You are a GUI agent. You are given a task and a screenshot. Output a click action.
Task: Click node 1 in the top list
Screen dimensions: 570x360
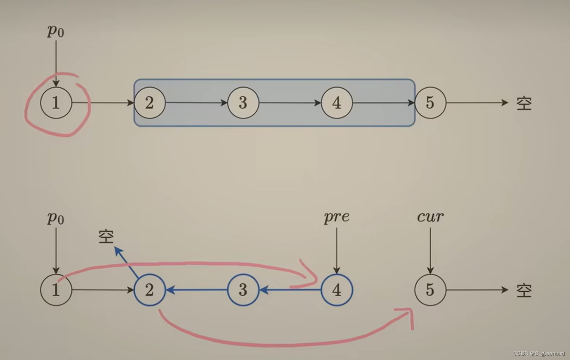[56, 103]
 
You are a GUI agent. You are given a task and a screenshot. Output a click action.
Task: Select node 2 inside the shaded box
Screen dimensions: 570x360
[150, 103]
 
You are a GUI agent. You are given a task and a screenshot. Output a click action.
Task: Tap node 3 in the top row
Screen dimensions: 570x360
[243, 103]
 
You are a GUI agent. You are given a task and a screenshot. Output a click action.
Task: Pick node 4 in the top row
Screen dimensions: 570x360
[337, 103]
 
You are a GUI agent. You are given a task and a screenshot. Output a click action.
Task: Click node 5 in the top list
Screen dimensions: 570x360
[430, 103]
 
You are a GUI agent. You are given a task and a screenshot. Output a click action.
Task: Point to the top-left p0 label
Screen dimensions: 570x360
[55, 31]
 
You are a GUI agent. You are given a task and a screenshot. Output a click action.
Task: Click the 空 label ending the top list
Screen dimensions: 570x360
[524, 103]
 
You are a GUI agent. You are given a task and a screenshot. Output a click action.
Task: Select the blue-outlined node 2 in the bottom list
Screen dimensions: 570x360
[150, 290]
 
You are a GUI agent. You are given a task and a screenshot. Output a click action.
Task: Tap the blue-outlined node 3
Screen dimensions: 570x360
[243, 290]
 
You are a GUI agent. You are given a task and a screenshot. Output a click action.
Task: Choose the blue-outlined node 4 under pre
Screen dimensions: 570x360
[337, 290]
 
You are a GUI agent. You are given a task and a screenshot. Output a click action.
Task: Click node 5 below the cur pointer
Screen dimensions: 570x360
[430, 290]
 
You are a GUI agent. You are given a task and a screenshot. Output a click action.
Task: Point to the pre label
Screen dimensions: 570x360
[337, 217]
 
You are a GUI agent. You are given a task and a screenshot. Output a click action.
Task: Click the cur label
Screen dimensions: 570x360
[430, 217]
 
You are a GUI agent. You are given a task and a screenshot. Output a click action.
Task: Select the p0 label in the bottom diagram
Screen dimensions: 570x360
[55, 218]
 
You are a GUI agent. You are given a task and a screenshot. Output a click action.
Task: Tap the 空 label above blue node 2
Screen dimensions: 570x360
[106, 237]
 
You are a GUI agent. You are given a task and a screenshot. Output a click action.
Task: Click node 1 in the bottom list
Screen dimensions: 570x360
[56, 290]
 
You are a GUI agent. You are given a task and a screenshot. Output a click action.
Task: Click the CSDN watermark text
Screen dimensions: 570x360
[539, 354]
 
